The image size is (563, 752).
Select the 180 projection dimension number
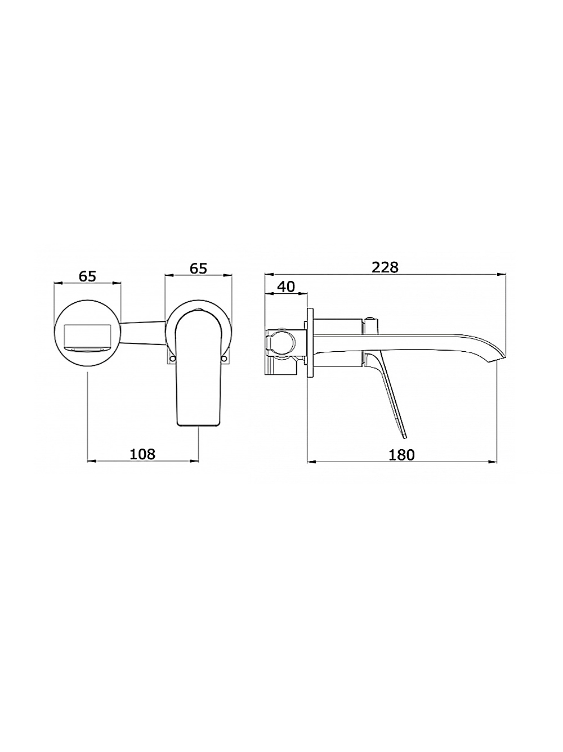tap(401, 454)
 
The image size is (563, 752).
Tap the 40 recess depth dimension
tap(286, 286)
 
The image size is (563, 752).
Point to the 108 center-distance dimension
tap(142, 454)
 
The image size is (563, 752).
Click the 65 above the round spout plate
tap(87, 276)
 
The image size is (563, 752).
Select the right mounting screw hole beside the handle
tap(226, 358)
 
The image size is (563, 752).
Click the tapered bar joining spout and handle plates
tap(144, 332)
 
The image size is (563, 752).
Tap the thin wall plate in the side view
tap(309, 343)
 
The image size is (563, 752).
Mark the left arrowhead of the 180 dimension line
tap(310, 462)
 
